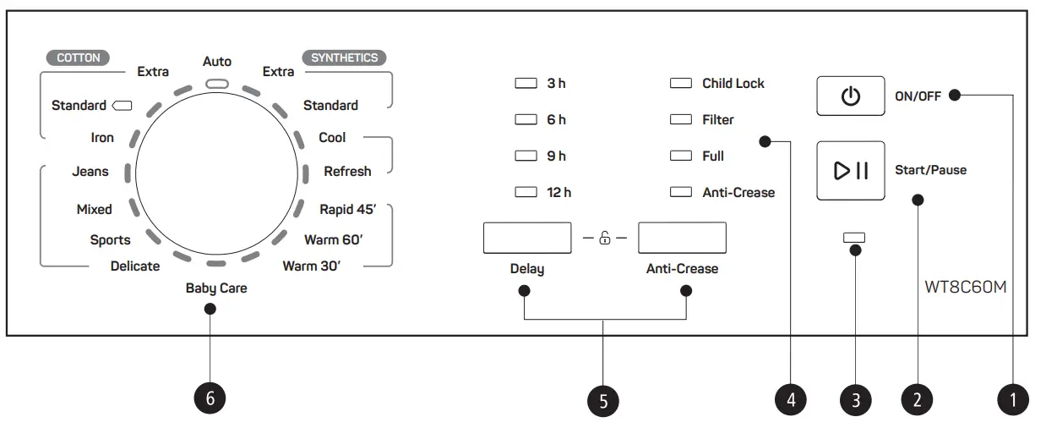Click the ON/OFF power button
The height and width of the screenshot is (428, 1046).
(850, 96)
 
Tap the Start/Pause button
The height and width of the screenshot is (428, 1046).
(850, 170)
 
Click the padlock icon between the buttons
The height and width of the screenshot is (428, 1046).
(605, 239)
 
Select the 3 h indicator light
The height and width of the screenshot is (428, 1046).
(526, 84)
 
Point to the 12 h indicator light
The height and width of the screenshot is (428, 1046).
(526, 193)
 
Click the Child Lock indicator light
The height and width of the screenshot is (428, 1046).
(680, 84)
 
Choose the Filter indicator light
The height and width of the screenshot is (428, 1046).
(680, 120)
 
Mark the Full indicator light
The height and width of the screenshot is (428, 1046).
(680, 156)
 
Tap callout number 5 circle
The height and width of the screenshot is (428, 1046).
(603, 400)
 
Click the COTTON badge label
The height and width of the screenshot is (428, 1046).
(79, 58)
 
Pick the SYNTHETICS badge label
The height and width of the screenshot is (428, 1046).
(344, 58)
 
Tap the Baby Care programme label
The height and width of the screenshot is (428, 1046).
(216, 288)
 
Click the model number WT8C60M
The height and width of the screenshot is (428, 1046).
(965, 287)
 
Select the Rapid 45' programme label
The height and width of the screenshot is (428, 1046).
(347, 210)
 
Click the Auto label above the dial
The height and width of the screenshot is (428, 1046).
(217, 62)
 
